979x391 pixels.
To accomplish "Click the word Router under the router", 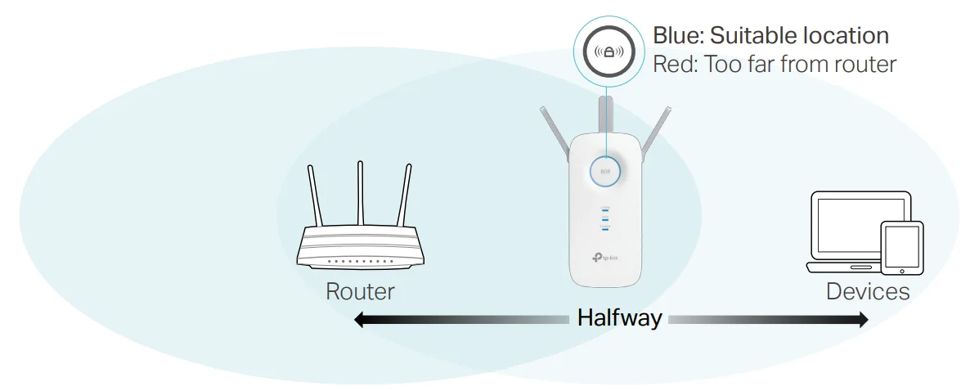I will (360, 291).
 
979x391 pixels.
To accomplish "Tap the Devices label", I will (867, 291).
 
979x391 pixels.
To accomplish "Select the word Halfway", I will (619, 317).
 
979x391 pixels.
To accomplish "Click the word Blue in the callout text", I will (676, 36).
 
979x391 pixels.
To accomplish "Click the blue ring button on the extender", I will (605, 172).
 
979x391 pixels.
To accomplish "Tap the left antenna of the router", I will (316, 196).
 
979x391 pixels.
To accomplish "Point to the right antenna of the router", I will (404, 196).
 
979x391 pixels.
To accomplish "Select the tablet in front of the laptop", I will (901, 247).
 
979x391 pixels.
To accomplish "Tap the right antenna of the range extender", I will (657, 135).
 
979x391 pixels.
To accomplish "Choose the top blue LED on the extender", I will (605, 209).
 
